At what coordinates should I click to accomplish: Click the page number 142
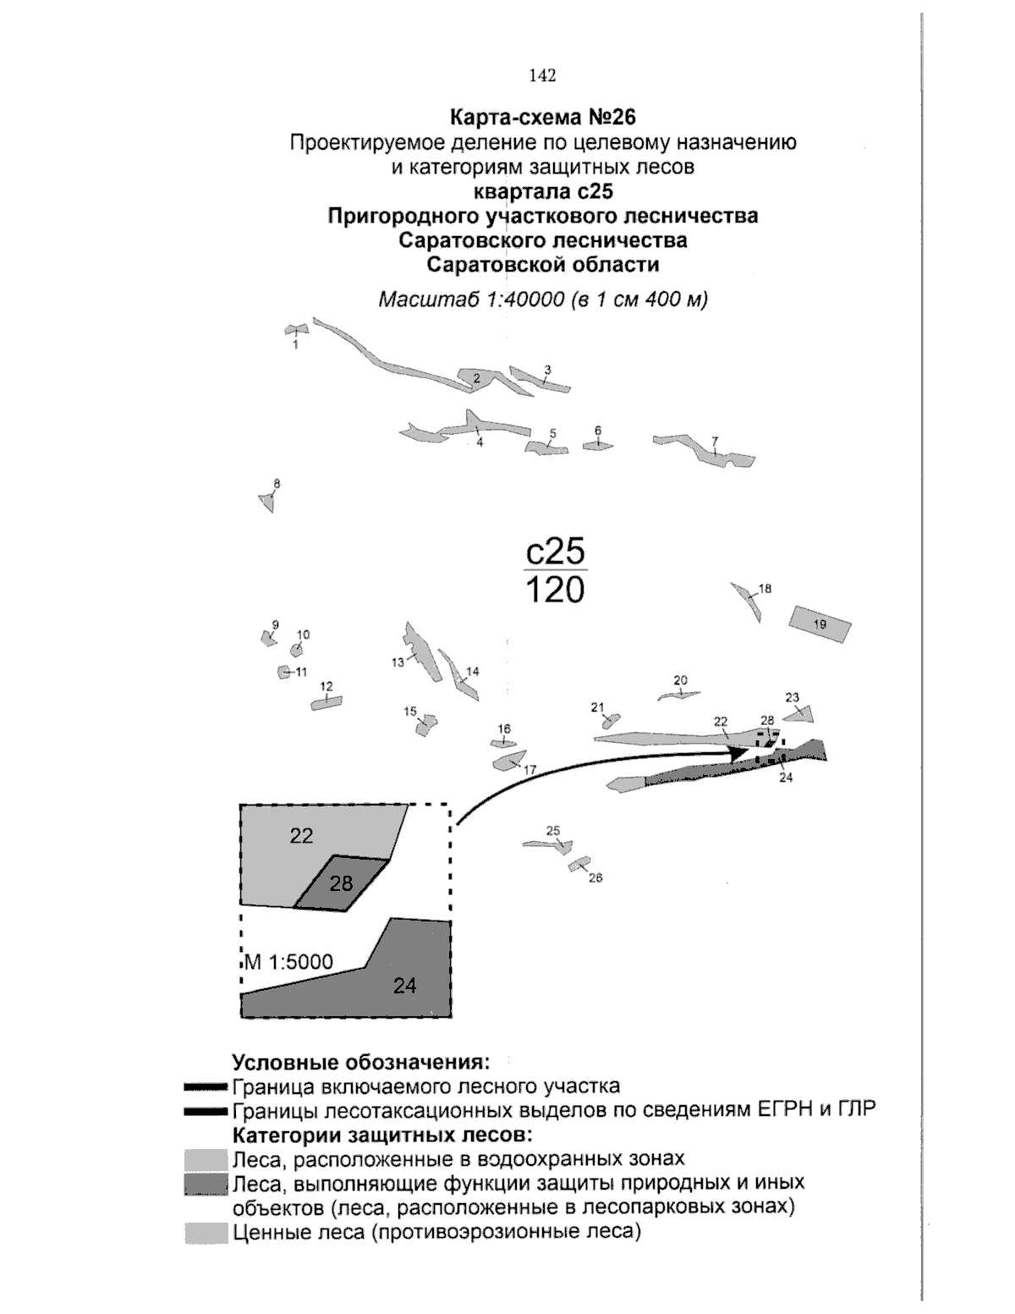pos(542,76)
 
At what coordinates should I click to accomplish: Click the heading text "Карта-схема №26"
pos(542,116)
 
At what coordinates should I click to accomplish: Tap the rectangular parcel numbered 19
pos(820,624)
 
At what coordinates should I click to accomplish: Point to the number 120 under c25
pos(555,590)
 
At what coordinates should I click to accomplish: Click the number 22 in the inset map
pos(301,836)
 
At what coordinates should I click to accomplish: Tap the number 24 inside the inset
pos(404,985)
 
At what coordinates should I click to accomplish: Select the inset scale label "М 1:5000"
pos(290,962)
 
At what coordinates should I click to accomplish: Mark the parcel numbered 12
pos(326,702)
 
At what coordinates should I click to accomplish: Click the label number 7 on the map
pos(715,441)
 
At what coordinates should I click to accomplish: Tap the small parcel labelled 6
pos(598,446)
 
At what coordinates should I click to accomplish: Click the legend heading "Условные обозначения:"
pos(361,1062)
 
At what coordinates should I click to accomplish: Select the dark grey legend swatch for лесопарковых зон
pos(206,1185)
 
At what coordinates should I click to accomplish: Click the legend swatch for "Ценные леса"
pos(206,1233)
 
